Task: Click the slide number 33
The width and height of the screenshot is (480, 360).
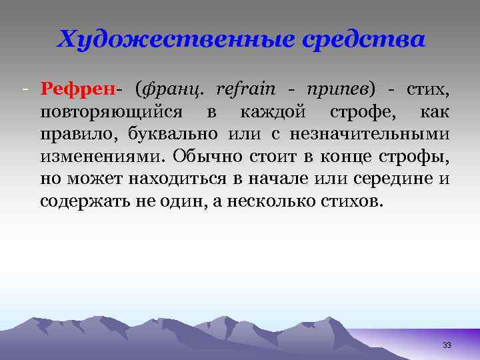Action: point(447,345)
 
